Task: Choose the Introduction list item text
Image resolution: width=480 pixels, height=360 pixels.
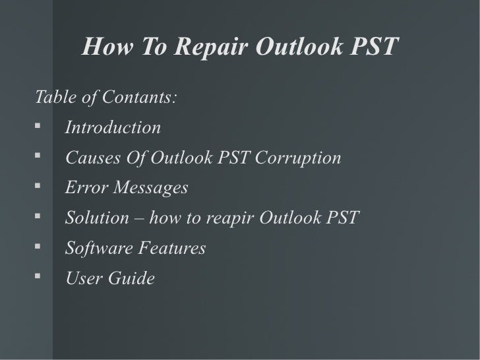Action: point(113,127)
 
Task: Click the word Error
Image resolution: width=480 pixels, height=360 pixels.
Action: point(86,189)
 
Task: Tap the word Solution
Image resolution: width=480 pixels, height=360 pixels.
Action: point(92,218)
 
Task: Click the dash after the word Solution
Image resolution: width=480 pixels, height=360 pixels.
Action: point(130,218)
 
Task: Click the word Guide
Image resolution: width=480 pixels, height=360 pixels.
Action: point(133,279)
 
